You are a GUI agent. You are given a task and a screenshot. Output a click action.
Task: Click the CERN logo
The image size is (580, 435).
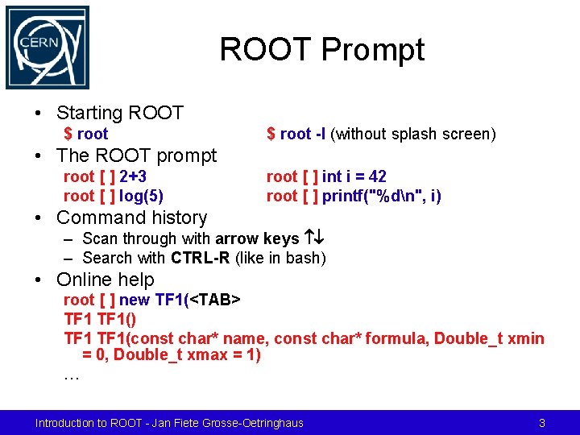click(48, 48)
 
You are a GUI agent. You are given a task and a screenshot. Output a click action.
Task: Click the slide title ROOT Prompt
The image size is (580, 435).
click(321, 50)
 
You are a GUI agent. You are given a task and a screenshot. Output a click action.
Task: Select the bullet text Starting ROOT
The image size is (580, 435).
click(120, 113)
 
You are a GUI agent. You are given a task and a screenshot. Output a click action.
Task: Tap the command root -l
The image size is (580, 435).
click(303, 134)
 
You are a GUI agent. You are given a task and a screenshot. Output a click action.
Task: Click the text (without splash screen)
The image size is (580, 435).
click(412, 134)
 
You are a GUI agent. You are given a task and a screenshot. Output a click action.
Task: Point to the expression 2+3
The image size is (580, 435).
click(133, 176)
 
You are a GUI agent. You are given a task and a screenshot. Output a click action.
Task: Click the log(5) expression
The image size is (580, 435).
click(141, 195)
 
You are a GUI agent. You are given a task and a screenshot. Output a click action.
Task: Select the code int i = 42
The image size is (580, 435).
click(354, 176)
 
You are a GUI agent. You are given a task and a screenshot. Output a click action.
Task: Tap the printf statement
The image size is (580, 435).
click(382, 195)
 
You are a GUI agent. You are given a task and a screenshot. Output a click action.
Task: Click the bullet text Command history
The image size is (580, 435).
click(131, 217)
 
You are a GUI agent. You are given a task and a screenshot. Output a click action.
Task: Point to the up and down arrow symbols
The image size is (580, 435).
click(313, 238)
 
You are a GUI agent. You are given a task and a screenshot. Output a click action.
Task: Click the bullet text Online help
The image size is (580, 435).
click(106, 280)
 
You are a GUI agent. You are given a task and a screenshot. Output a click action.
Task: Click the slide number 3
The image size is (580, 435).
click(542, 423)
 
